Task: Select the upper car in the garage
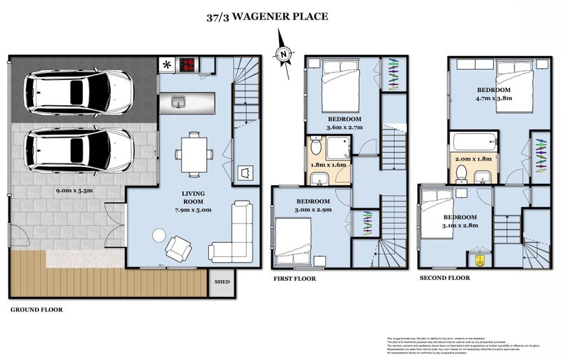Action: [x=79, y=92]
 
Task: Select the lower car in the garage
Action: [x=79, y=149]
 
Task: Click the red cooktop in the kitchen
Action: [x=188, y=65]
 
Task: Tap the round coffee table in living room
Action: [x=160, y=234]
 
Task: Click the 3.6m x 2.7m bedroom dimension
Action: [x=344, y=128]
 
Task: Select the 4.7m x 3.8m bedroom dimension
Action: [x=494, y=99]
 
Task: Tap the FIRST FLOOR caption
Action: [x=294, y=279]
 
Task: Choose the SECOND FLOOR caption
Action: [x=445, y=278]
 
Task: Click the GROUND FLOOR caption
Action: [x=36, y=309]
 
